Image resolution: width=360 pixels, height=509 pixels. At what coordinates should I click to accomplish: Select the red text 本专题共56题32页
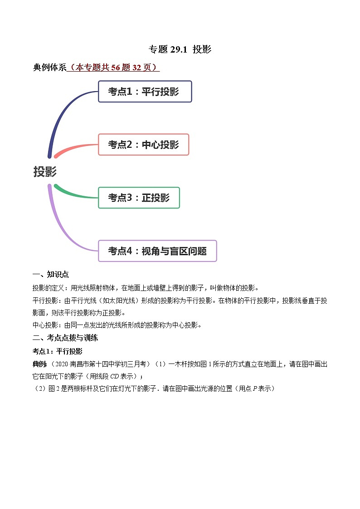(x=113, y=68)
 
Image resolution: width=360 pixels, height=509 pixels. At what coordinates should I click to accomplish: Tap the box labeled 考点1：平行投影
(x=145, y=92)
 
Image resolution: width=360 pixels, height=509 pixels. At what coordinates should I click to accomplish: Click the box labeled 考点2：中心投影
(x=143, y=145)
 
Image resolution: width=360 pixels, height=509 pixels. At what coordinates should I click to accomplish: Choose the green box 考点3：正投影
(x=139, y=198)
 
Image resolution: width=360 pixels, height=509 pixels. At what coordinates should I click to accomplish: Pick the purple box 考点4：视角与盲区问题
(x=157, y=251)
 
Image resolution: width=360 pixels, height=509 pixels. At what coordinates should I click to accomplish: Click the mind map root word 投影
(x=45, y=172)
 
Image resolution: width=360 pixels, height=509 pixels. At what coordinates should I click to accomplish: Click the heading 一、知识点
(x=50, y=275)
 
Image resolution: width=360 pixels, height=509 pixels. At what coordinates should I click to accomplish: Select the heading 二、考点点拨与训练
(x=65, y=338)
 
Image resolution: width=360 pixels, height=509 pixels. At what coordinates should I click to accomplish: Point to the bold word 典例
(x=39, y=364)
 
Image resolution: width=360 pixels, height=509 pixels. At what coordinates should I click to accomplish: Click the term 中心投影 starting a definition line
(x=44, y=325)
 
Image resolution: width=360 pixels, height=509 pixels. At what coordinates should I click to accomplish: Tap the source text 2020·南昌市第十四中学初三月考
(x=98, y=364)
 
